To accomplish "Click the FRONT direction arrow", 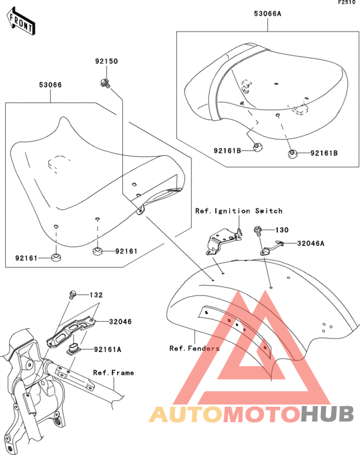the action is tap(21, 21).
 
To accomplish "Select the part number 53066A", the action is tap(267, 14).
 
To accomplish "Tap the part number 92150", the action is tap(106, 61).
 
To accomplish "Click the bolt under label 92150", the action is tap(105, 83).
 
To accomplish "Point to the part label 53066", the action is tap(50, 85).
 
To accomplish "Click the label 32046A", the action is tap(310, 243).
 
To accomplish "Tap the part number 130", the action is tap(282, 230).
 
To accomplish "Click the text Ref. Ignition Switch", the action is tap(239, 211).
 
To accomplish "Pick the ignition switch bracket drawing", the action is tap(224, 241).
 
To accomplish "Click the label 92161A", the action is tap(107, 349).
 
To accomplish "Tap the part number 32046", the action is tap(120, 322).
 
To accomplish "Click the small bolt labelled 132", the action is tap(72, 295).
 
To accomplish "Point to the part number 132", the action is tap(96, 295).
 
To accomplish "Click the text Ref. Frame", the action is tap(114, 373).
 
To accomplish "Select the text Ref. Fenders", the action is tap(195, 348).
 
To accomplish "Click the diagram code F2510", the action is tap(347, 3).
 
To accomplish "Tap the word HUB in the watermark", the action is tap(328, 414).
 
